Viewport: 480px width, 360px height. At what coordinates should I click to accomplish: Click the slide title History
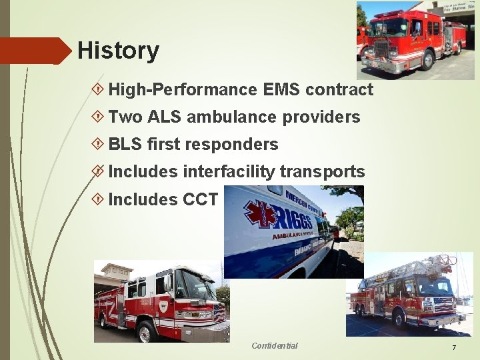tap(118, 51)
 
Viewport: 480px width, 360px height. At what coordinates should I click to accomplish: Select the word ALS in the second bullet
tap(164, 117)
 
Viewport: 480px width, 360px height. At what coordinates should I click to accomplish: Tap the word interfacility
tap(228, 172)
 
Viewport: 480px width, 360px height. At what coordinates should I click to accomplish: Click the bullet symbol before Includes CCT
tap(98, 199)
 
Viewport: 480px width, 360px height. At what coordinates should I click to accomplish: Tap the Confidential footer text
tap(275, 345)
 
